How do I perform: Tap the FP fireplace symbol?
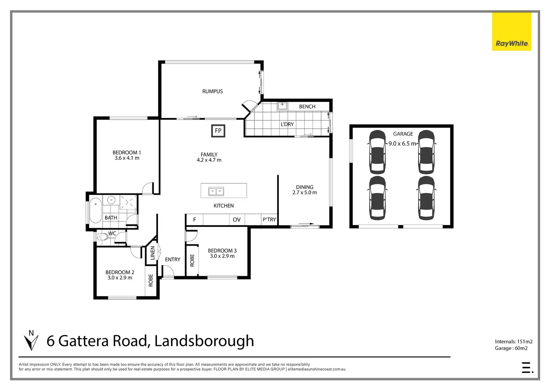point(218,131)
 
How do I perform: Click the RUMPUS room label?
point(212,91)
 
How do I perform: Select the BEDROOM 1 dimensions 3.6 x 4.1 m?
point(127,158)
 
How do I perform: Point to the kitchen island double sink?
point(216,191)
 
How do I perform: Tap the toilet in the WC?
point(102,237)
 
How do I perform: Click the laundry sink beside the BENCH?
point(282,106)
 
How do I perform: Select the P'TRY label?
point(269,220)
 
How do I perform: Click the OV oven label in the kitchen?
point(237,220)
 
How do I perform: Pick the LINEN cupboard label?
point(152,253)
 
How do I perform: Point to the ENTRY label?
point(173,259)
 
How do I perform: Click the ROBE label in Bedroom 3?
point(192,260)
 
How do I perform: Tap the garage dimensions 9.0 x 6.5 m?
point(402,143)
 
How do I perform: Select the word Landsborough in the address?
point(204,341)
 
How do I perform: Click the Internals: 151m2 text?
point(513,342)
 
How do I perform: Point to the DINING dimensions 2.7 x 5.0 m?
point(304,192)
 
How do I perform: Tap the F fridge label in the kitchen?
point(195,220)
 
